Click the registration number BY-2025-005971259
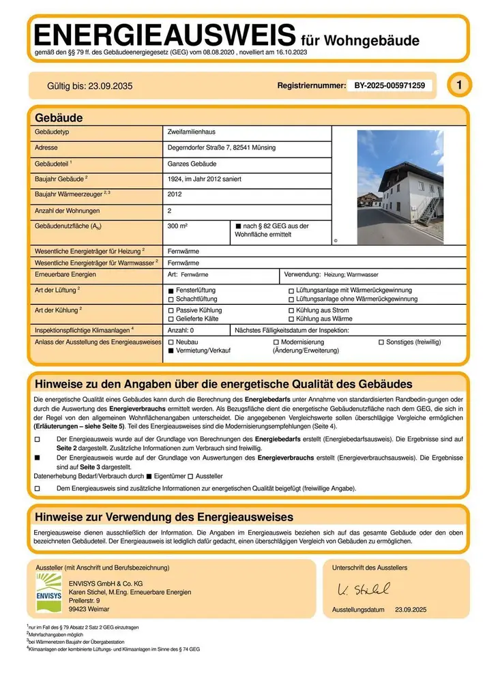tap(390, 86)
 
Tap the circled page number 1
tap(460, 85)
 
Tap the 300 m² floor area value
tap(177, 225)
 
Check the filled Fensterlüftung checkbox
tap(171, 290)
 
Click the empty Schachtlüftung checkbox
tap(171, 299)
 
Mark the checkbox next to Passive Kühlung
tap(171, 310)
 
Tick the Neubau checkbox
tap(171, 341)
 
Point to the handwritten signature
tap(364, 589)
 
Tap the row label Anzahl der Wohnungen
tap(67, 211)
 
